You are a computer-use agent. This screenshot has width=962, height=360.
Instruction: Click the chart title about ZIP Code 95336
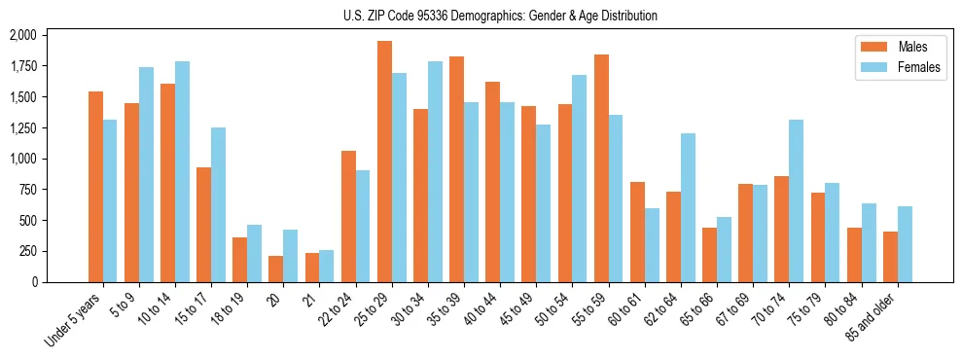pos(500,16)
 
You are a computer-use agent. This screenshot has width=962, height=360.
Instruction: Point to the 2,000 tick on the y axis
pos(22,35)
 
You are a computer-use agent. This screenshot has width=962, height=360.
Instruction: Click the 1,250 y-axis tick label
pos(22,127)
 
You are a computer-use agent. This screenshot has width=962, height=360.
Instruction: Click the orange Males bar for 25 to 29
pos(384,162)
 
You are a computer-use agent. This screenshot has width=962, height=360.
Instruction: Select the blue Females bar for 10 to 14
pos(182,171)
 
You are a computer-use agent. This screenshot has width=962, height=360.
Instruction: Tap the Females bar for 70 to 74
pos(796,200)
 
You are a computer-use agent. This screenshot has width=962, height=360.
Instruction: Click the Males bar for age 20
pos(276,269)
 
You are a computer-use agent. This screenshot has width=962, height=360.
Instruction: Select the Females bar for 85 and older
pos(905,244)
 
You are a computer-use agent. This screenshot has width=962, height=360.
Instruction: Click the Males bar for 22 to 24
pos(348,216)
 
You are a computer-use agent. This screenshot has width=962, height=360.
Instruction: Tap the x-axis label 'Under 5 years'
pos(74,320)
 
